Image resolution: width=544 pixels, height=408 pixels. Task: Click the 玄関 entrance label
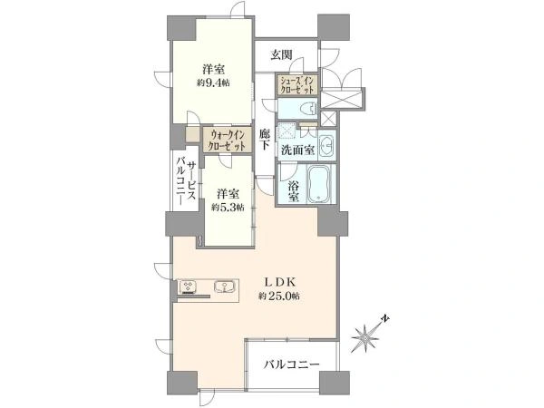[x=280, y=54]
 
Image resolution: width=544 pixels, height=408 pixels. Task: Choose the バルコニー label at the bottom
[x=293, y=364]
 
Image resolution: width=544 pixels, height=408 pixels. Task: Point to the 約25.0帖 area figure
[x=278, y=296]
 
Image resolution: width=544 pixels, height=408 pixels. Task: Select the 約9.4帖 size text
[x=212, y=82]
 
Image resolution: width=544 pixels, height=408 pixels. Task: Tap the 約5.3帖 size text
[x=227, y=207]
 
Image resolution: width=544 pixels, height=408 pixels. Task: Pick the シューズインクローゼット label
[x=296, y=85]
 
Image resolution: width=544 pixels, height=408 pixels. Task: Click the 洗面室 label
[x=296, y=150]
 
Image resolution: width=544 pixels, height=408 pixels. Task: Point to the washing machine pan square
[x=287, y=131]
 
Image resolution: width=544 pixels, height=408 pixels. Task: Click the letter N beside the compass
[x=384, y=318]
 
